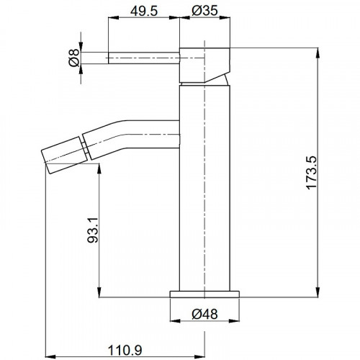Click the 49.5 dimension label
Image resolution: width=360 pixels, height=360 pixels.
point(144,11)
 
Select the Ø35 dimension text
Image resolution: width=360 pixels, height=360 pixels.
point(204,11)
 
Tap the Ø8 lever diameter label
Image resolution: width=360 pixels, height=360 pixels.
point(74,58)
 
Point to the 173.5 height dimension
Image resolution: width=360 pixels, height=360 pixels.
point(312,173)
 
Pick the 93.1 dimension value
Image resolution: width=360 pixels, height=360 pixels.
point(93,230)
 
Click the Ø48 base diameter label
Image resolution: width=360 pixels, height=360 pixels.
point(204,314)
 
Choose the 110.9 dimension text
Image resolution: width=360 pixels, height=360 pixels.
point(125,351)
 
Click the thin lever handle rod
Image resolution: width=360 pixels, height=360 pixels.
point(144,58)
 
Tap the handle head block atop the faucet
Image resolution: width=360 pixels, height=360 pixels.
point(204,66)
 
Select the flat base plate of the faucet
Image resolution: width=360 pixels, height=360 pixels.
point(204,294)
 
